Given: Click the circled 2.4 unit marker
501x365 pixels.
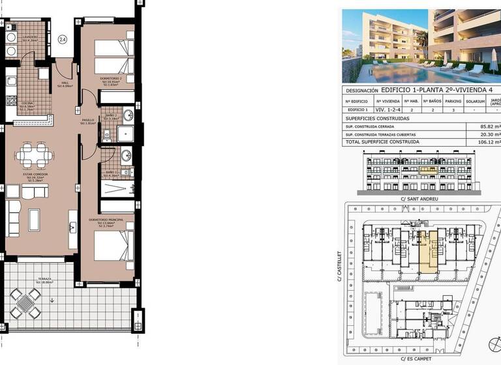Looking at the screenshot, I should point(62,40).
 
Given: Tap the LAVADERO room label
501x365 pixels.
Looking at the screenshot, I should point(29,37).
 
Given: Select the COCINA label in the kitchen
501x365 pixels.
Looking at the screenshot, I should point(25,104).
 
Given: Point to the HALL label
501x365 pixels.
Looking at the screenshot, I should point(65,83).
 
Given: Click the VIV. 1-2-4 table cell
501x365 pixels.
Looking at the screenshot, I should point(389,111).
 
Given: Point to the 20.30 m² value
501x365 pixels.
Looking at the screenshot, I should point(489,134).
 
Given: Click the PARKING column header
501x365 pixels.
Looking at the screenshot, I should point(453,101).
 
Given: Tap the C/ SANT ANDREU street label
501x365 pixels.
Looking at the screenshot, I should point(421,198).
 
